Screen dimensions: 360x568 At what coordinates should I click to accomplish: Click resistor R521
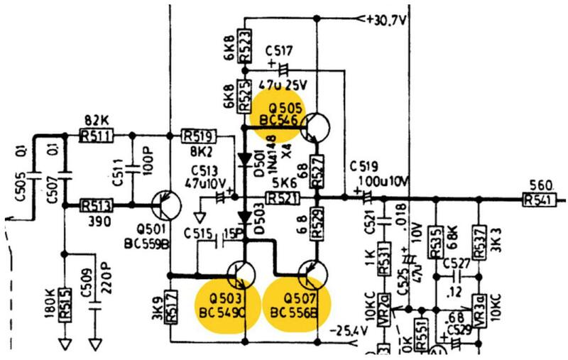[283, 197]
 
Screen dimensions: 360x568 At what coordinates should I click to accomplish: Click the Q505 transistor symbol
[314, 129]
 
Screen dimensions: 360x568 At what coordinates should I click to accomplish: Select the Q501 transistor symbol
[163, 205]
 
